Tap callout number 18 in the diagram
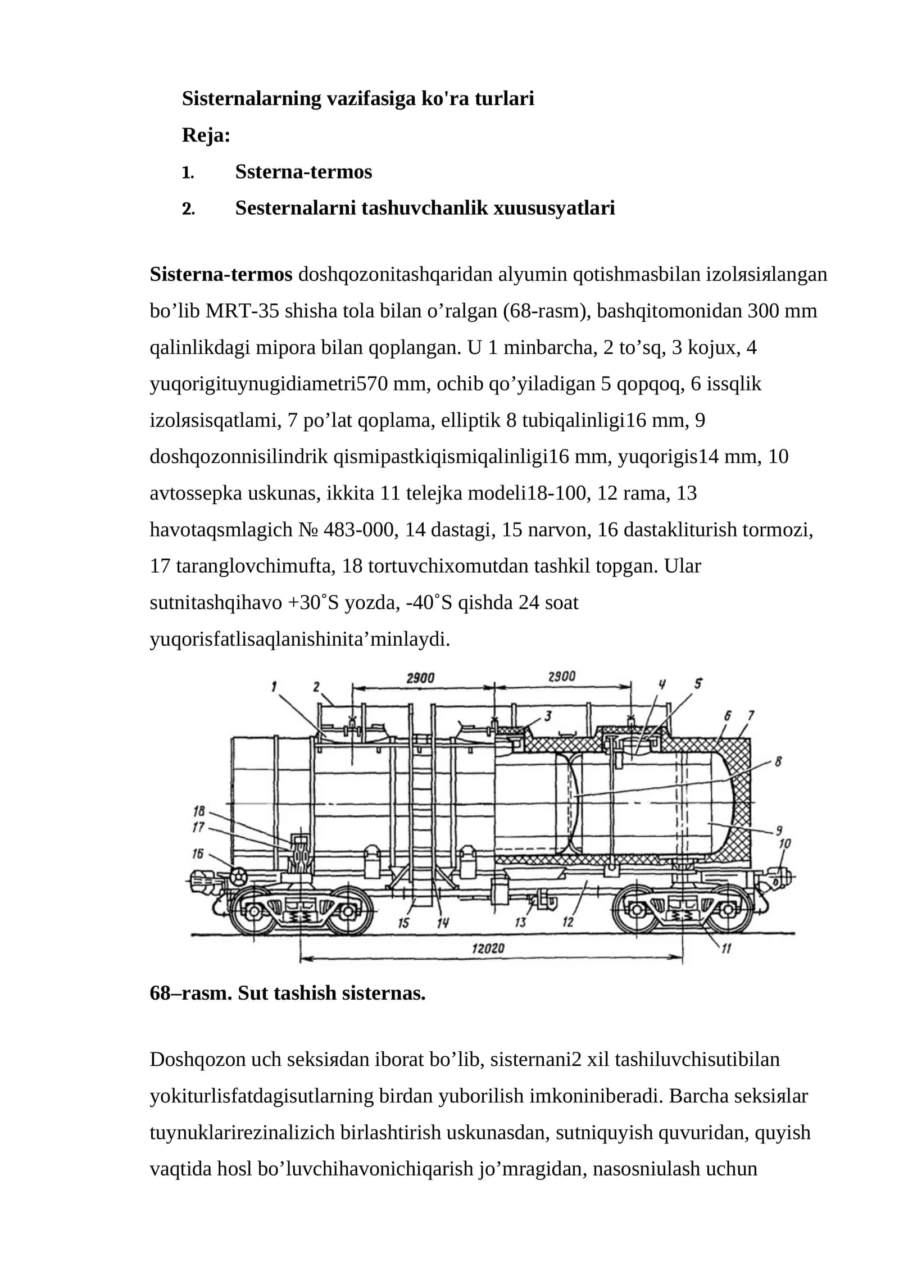pyautogui.click(x=198, y=811)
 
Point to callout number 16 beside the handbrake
pyautogui.click(x=197, y=854)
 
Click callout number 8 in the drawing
pyautogui.click(x=778, y=762)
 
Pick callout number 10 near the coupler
pyautogui.click(x=784, y=843)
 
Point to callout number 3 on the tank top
pyautogui.click(x=547, y=716)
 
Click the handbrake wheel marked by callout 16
pyautogui.click(x=238, y=875)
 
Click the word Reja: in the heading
pyautogui.click(x=206, y=135)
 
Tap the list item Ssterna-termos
pyautogui.click(x=303, y=171)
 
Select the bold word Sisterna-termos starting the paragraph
pyautogui.click(x=221, y=274)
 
